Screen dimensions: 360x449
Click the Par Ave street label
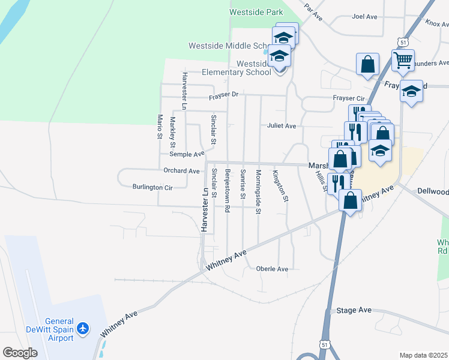[x=313, y=12]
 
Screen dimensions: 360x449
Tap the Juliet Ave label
[x=282, y=126]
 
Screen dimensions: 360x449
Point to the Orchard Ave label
[x=181, y=171]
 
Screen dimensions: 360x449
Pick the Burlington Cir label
[x=152, y=187]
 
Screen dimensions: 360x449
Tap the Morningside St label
[x=258, y=191]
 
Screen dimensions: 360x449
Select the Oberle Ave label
[x=272, y=269]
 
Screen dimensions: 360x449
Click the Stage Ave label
[x=354, y=310]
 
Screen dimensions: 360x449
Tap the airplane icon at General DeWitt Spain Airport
[x=83, y=328]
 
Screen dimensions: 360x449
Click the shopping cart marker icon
[x=403, y=59]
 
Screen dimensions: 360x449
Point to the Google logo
[x=20, y=353]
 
